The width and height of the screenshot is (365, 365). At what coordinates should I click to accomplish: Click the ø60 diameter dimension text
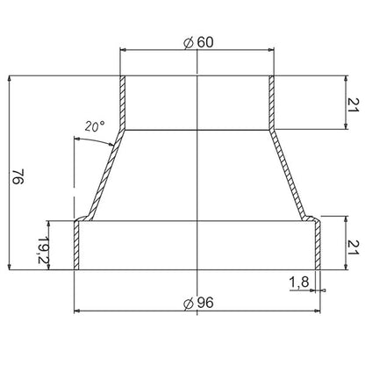[197, 40]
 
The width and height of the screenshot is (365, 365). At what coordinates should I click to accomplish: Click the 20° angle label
[95, 126]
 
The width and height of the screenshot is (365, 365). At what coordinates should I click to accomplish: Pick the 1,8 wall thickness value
[298, 282]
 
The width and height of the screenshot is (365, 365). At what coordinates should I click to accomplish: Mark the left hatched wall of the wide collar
[77, 246]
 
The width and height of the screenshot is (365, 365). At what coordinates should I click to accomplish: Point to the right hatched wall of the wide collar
[318, 246]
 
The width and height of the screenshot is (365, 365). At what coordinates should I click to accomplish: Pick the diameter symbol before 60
[189, 40]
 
